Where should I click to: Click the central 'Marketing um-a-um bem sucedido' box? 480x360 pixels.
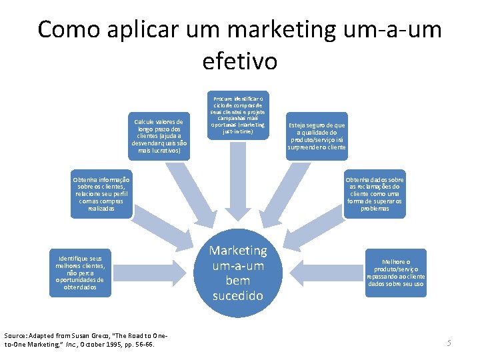click(239, 273)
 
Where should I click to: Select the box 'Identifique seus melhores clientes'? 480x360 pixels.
click(81, 273)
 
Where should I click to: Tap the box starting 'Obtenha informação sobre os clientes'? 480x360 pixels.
click(101, 194)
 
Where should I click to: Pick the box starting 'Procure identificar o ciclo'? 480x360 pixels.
click(238, 115)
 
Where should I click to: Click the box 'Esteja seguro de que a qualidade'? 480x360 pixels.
click(317, 137)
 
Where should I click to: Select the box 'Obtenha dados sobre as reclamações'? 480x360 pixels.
click(375, 194)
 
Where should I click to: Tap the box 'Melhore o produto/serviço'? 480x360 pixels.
click(396, 273)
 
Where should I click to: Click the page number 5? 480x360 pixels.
click(449, 343)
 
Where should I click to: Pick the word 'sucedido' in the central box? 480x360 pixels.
click(239, 295)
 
